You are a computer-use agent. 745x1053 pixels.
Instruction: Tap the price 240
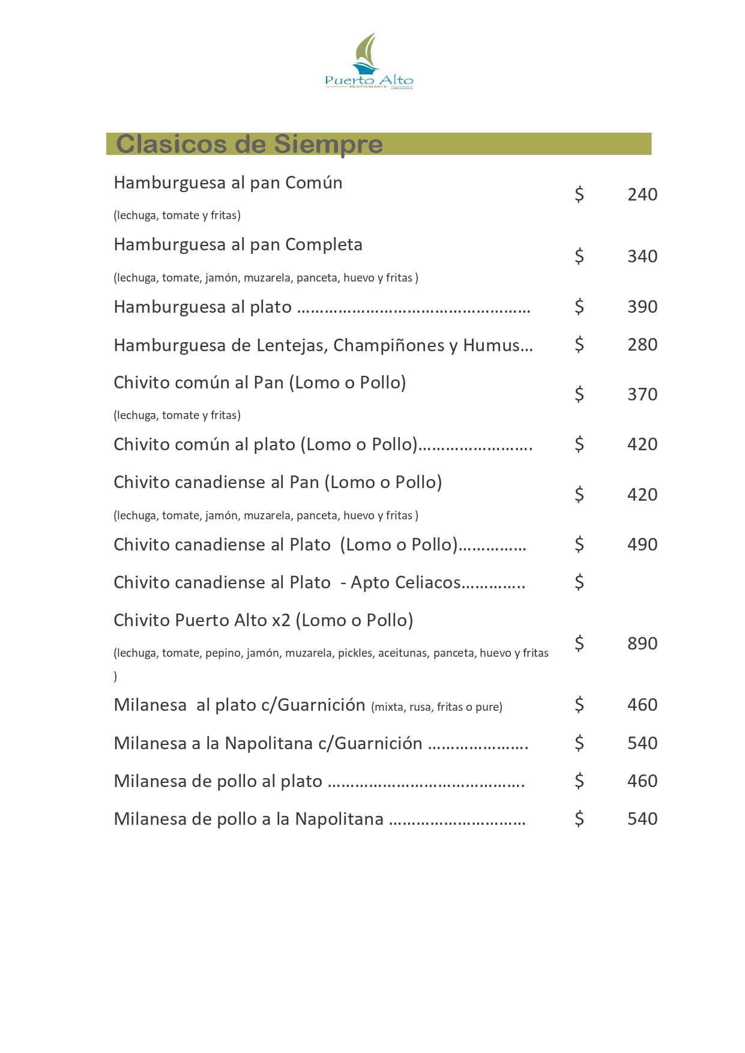(642, 195)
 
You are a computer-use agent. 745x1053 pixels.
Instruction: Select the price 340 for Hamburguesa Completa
(642, 256)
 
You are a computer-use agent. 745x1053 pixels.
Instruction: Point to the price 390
(642, 307)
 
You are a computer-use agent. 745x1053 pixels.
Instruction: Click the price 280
(642, 345)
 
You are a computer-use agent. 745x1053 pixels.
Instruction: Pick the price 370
(642, 394)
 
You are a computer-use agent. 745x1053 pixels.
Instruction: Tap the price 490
(642, 545)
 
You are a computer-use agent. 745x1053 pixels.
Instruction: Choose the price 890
(642, 644)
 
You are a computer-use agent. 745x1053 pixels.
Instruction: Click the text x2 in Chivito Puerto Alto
(281, 620)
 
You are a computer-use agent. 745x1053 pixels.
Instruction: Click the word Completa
(324, 245)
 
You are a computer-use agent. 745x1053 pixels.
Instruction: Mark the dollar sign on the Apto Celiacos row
(579, 582)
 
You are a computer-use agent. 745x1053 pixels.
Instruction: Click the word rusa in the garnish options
(420, 707)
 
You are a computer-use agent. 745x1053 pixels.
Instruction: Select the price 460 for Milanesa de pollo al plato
(642, 781)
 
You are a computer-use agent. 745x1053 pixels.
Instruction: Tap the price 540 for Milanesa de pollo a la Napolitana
(642, 819)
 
